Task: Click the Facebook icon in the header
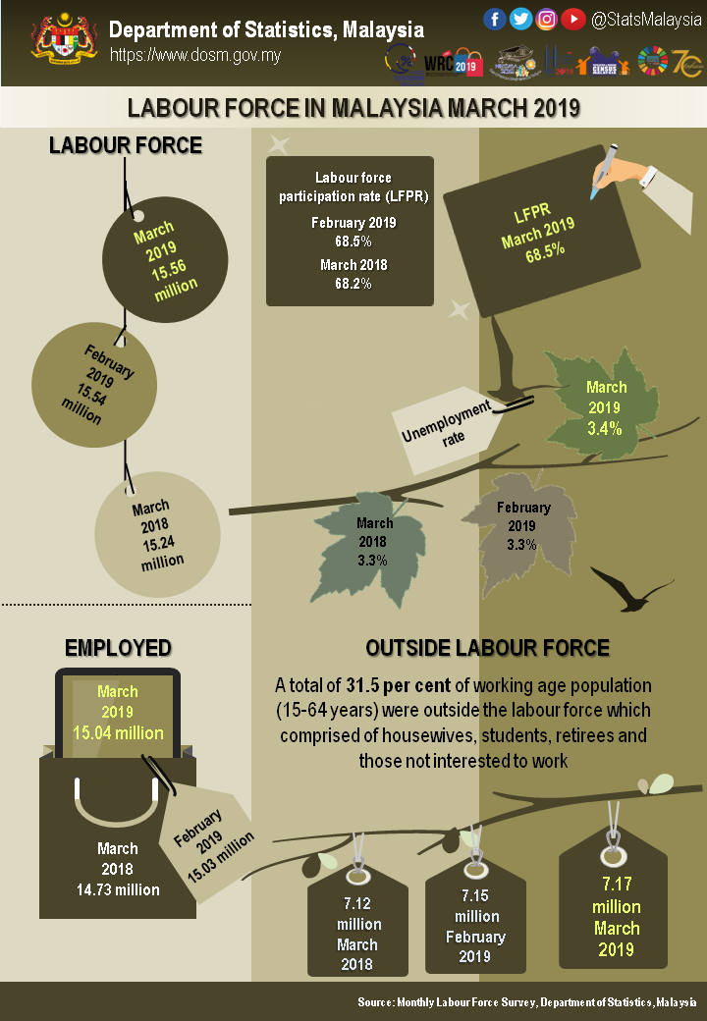[x=495, y=19]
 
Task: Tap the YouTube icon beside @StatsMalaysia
[x=573, y=19]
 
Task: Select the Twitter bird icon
[x=521, y=19]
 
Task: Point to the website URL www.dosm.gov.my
[x=194, y=55]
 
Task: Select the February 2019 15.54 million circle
[x=94, y=384]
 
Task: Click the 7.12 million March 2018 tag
[x=357, y=928]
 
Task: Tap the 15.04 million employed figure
[x=118, y=733]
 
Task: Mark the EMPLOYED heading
[x=118, y=647]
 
